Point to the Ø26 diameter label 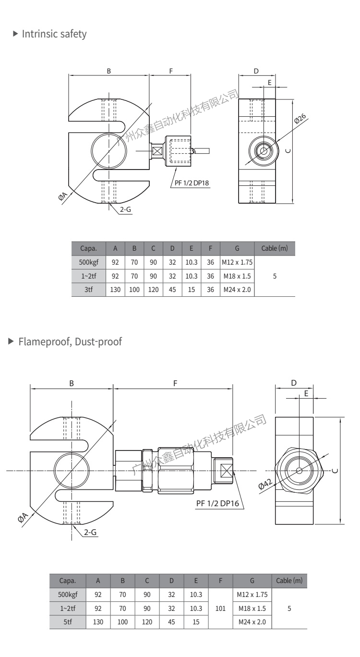pos(300,119)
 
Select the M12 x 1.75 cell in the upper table pos(237,262)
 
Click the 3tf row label pos(88,290)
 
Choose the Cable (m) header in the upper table pos(274,248)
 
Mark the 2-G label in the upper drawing pos(125,209)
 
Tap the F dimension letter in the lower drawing pos(175,383)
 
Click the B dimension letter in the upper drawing pos(109,71)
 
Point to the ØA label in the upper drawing pos(63,197)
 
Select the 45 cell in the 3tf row pos(172,290)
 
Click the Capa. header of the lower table pos(67,580)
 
